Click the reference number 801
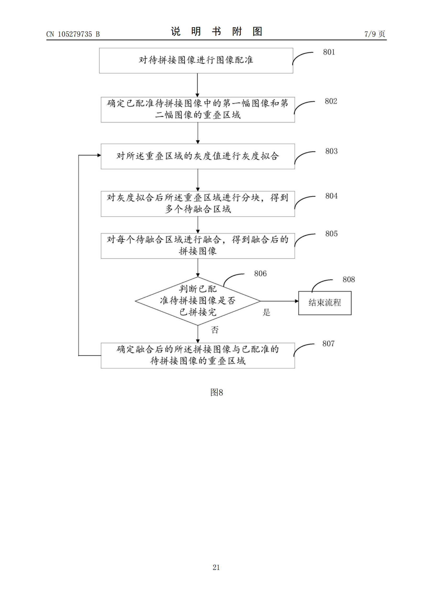tap(329, 52)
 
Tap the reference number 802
tap(331, 101)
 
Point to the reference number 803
tap(331, 151)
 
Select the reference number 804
tap(331, 196)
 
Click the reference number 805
tap(331, 234)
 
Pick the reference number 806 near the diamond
tap(260, 273)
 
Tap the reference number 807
tap(328, 344)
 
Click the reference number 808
tap(348, 280)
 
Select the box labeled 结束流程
tap(325, 303)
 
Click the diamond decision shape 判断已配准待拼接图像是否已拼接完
tap(198, 301)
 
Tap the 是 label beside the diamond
tap(266, 312)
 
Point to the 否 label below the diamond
tap(215, 330)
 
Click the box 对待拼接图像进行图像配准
tap(196, 61)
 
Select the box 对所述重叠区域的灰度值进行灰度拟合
tap(198, 156)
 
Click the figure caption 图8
tap(216, 392)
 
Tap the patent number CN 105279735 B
tap(73, 34)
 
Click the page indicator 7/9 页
tap(375, 34)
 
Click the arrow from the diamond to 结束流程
tap(279, 301)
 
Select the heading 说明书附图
tap(216, 31)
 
